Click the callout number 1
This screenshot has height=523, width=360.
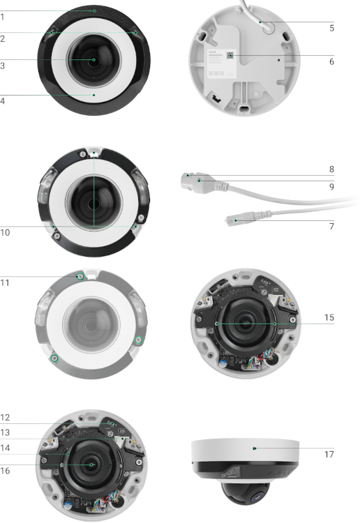pos(2,17)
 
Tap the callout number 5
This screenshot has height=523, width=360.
pos(331,28)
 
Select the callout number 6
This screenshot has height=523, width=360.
pos(331,61)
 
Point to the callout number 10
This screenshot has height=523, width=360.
pos(5,232)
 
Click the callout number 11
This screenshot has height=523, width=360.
pos(5,283)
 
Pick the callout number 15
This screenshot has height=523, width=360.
pos(329,317)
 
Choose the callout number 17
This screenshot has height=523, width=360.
pos(329,454)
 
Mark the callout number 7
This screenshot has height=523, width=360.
pos(331,227)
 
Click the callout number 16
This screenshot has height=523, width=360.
pos(5,471)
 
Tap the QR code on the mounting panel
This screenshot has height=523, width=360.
pos(230,55)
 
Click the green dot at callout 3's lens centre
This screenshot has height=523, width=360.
pos(93,60)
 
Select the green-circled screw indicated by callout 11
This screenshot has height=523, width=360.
pos(80,276)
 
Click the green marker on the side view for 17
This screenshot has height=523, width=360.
pos(255,448)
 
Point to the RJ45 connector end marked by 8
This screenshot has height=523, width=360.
pos(187,181)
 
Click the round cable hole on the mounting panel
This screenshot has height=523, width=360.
pos(268,29)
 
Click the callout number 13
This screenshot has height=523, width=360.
pos(5,432)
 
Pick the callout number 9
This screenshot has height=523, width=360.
pos(331,186)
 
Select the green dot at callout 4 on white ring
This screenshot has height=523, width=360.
pos(93,95)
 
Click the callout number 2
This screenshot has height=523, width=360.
pos(2,38)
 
